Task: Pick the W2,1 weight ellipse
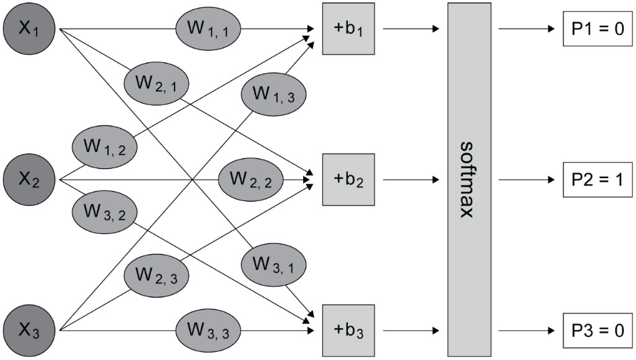(x=157, y=84)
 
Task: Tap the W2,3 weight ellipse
(x=157, y=274)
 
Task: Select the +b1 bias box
(x=348, y=29)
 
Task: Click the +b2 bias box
(x=348, y=179)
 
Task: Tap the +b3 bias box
(x=348, y=330)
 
